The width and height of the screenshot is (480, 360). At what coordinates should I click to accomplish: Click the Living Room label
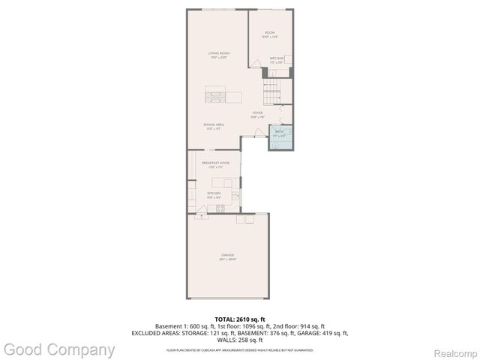(219, 54)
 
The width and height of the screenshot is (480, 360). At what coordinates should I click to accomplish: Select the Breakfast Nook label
(215, 164)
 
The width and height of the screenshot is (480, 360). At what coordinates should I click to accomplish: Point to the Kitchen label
(214, 194)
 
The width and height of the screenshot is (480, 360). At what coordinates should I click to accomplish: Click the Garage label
(227, 256)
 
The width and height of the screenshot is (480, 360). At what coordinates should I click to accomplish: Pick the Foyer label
(257, 115)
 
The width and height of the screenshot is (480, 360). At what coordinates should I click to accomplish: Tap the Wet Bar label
(277, 59)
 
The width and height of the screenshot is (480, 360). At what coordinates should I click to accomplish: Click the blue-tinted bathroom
(280, 136)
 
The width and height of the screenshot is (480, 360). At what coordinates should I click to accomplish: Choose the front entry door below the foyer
(259, 133)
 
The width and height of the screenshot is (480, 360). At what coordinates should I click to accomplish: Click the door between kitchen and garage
(201, 216)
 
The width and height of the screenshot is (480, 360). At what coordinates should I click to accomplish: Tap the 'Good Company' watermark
(59, 349)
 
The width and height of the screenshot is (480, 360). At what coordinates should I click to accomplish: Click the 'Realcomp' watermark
(453, 350)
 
